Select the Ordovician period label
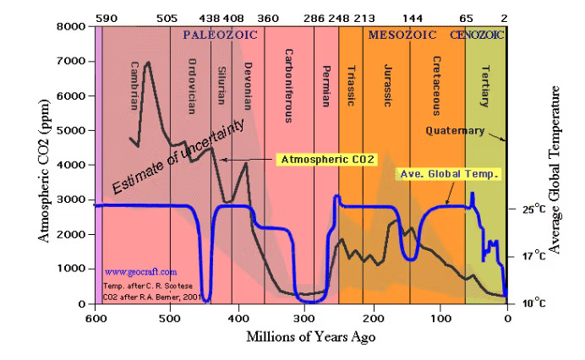(193, 88)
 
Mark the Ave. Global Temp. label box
(449, 174)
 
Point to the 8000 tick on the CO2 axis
(74, 26)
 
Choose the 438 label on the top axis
(208, 17)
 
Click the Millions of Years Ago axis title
(311, 337)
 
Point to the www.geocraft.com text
(140, 272)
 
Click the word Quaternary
(455, 131)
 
